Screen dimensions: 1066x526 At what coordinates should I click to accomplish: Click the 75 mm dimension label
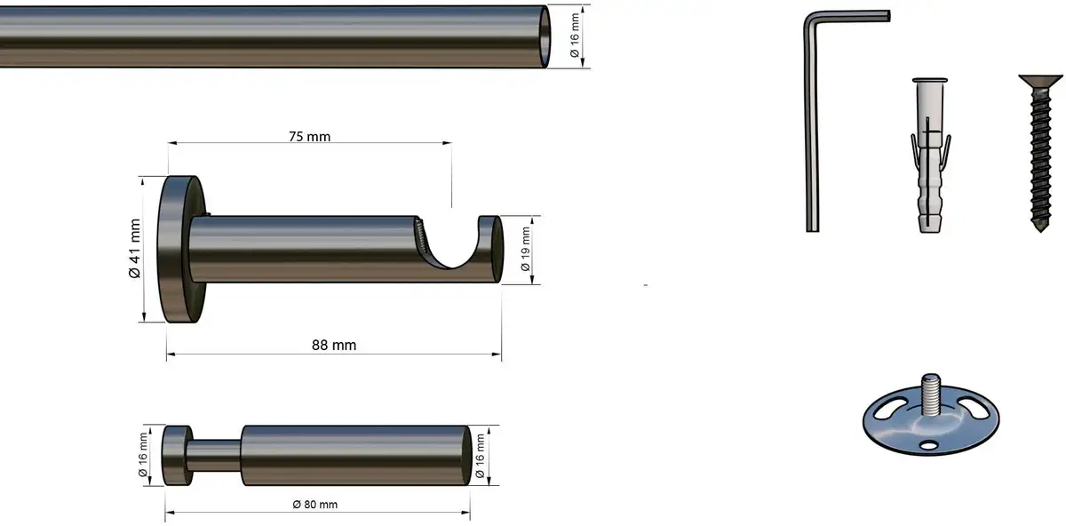tap(309, 137)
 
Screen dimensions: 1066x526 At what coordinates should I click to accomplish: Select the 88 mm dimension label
tap(334, 345)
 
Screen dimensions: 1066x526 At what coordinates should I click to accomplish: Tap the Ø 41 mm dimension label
tap(135, 248)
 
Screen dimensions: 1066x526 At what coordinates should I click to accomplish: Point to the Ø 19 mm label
tap(525, 249)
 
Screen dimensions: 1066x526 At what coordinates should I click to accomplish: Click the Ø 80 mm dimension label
tap(315, 505)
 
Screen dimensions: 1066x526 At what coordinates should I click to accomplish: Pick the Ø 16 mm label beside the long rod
tap(575, 36)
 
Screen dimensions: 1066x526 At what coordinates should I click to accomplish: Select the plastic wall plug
tap(930, 155)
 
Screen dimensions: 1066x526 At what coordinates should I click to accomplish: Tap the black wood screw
tap(1041, 152)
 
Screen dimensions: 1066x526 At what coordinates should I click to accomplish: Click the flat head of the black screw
tap(1041, 81)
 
